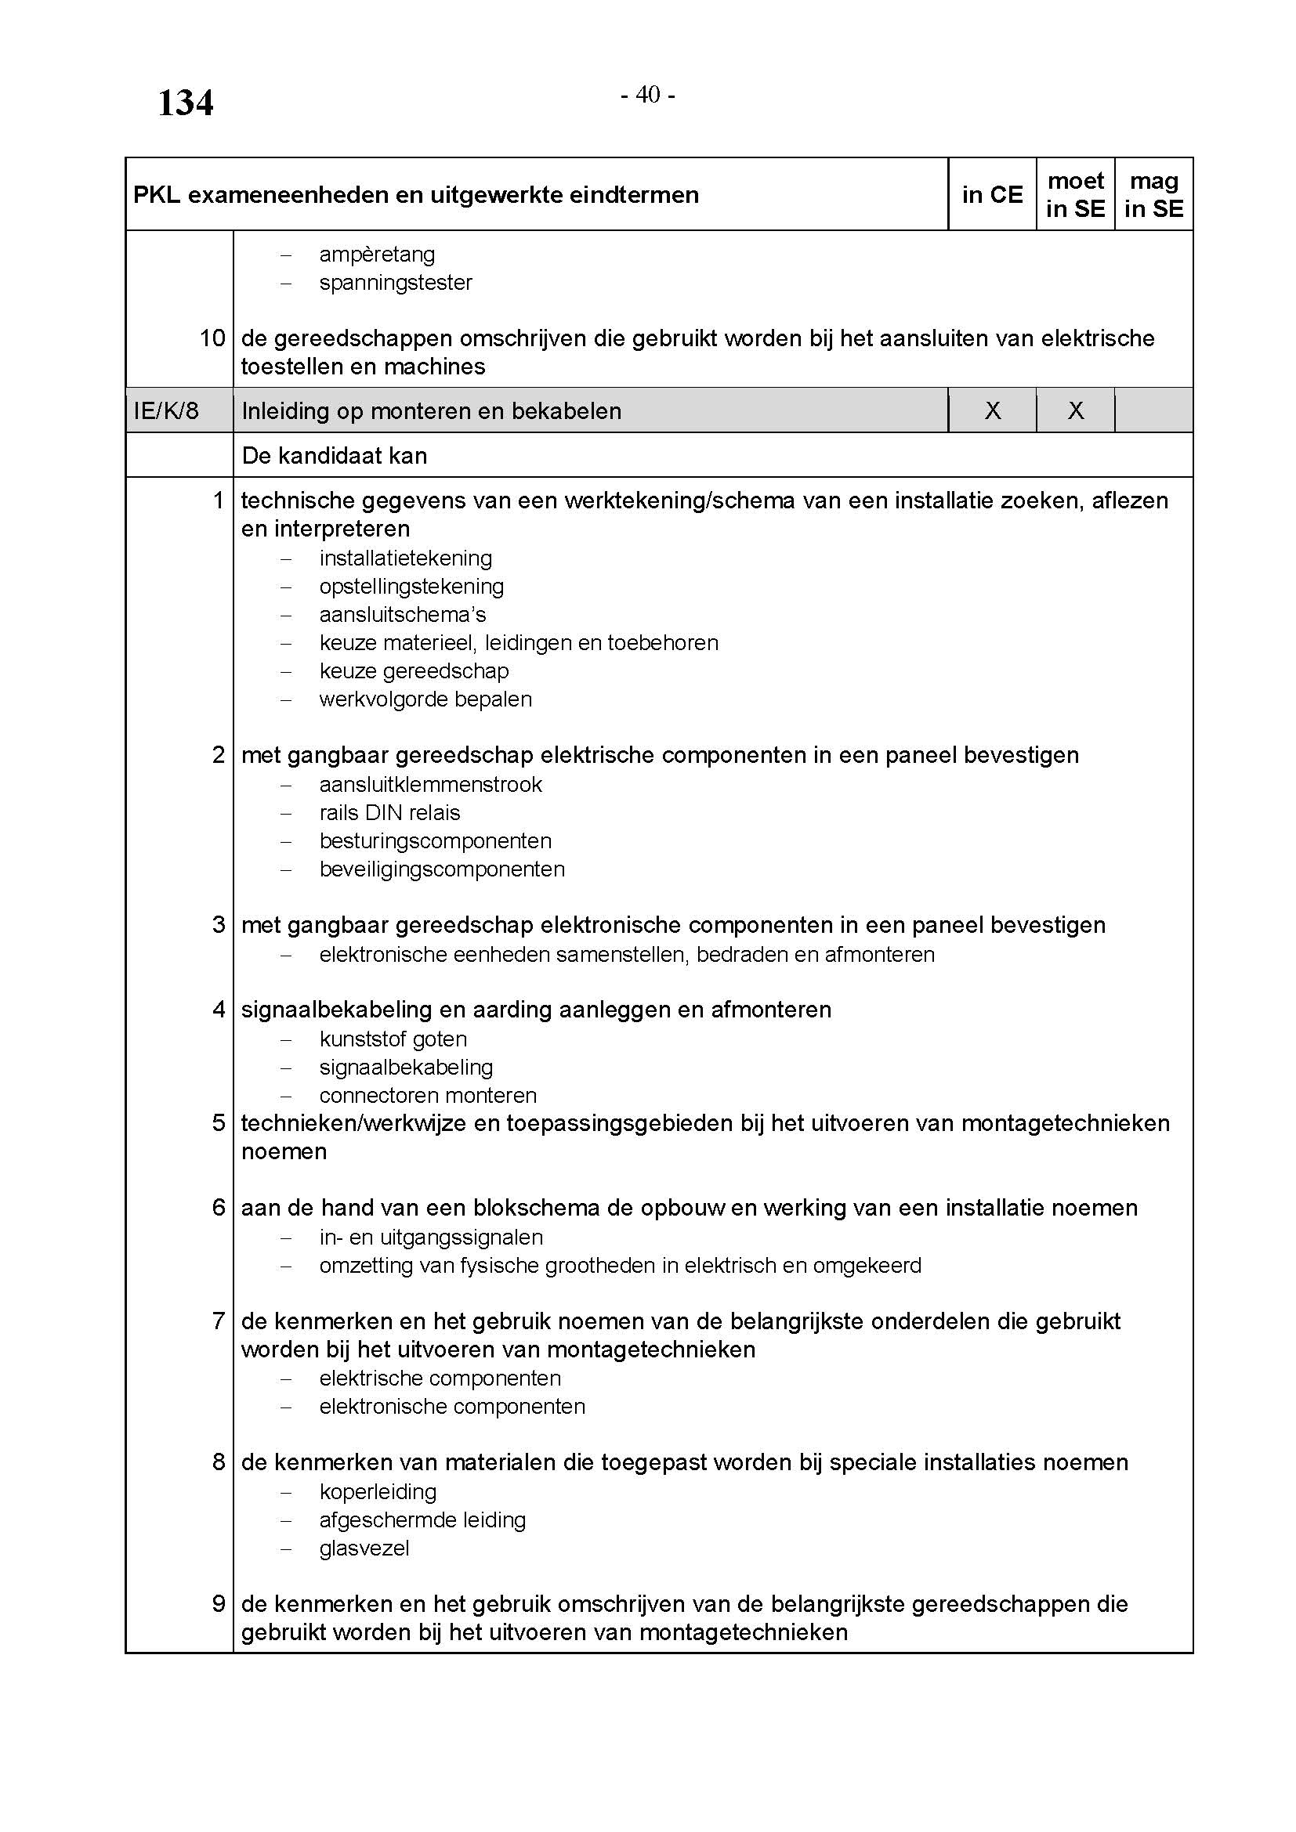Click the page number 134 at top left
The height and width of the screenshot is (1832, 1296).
point(185,103)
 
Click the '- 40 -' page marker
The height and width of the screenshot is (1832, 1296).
point(648,95)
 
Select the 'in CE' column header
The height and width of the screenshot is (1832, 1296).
point(992,195)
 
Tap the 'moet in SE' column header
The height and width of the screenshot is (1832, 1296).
point(1075,195)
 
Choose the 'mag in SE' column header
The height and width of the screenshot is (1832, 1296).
point(1153,195)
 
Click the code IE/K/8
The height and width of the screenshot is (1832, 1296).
point(166,411)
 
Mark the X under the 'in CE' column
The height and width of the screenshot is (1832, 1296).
point(992,411)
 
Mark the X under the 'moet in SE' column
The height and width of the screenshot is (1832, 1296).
point(1075,411)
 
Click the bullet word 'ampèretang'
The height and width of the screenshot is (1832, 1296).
point(377,255)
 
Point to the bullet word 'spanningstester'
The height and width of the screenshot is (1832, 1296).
point(396,283)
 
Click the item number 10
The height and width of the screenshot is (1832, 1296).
point(212,338)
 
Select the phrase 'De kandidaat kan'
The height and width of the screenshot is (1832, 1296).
point(335,456)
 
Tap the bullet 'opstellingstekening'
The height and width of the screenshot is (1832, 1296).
point(412,587)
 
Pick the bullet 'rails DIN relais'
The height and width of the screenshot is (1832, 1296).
point(389,813)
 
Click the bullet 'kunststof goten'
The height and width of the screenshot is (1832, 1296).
point(393,1039)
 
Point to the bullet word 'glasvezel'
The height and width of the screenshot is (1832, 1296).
point(364,1548)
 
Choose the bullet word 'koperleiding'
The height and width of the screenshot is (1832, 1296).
point(378,1491)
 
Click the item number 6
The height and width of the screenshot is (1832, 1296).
point(219,1207)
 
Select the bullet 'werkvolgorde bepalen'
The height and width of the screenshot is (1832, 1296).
point(425,699)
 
